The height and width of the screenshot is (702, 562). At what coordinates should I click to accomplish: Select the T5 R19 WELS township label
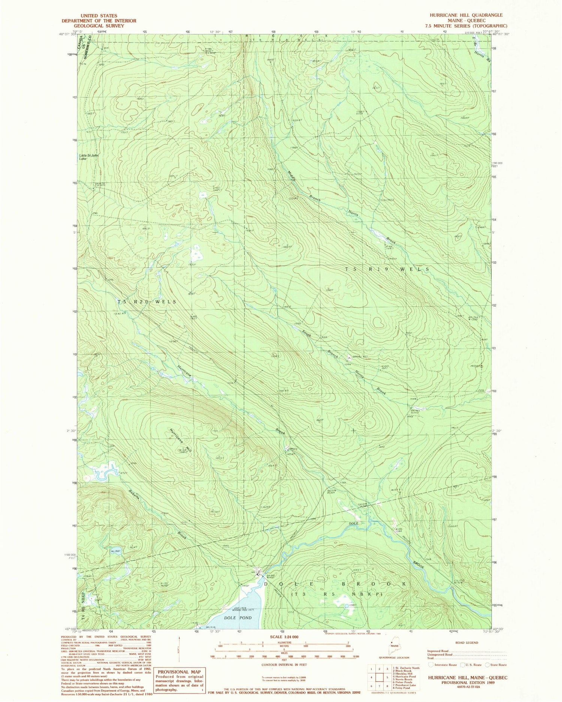point(387,269)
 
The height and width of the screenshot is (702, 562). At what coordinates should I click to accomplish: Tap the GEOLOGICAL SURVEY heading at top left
point(99,26)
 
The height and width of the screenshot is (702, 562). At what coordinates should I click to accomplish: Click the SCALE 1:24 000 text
point(284,637)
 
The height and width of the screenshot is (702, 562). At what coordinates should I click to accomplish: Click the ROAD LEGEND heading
point(466,642)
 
